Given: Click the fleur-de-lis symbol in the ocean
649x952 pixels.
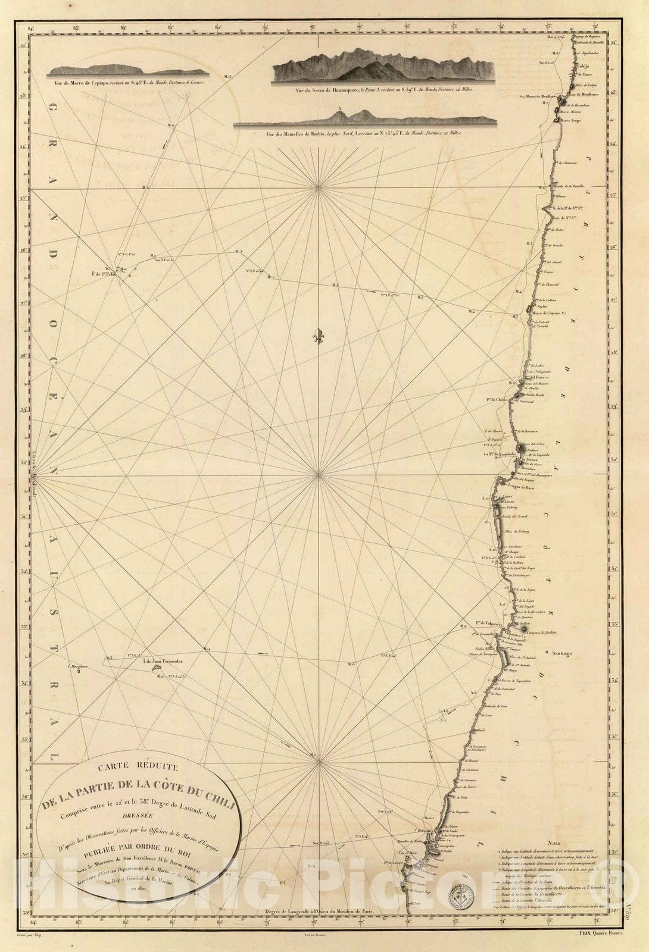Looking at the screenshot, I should (320, 336).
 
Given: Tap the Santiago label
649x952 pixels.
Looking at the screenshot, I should (561, 653).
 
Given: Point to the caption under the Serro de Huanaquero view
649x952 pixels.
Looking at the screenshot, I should (385, 91).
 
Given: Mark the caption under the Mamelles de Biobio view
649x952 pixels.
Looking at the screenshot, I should (364, 134).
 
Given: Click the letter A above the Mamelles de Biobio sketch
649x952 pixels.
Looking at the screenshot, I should (339, 109).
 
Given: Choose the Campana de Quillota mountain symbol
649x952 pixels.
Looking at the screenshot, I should (524, 630).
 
